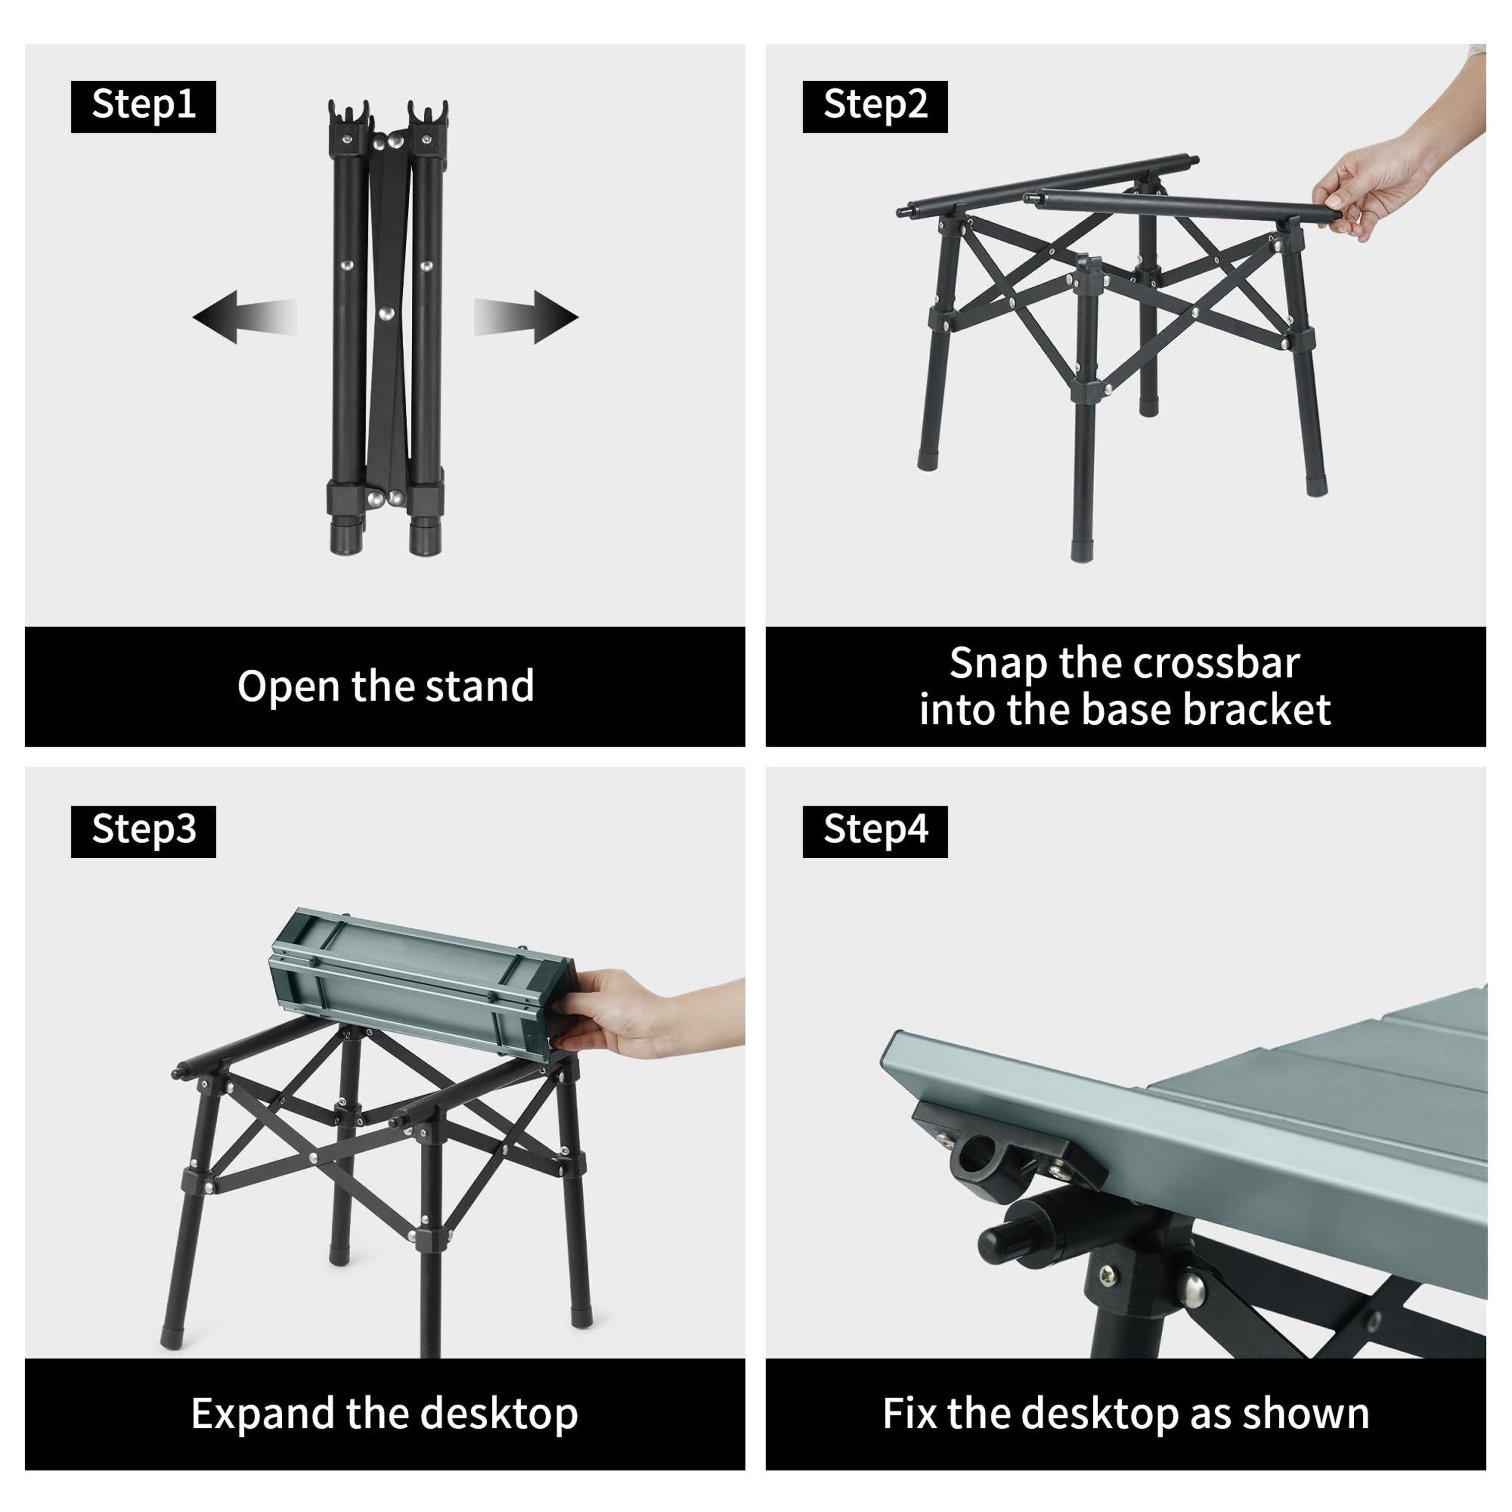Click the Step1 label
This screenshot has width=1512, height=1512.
143,106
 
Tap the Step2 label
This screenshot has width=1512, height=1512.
875,106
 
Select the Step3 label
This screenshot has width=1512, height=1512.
143,831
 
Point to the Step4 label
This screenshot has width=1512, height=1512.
875,831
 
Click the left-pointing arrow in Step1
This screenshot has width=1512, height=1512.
244,317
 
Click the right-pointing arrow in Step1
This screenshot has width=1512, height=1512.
526,317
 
